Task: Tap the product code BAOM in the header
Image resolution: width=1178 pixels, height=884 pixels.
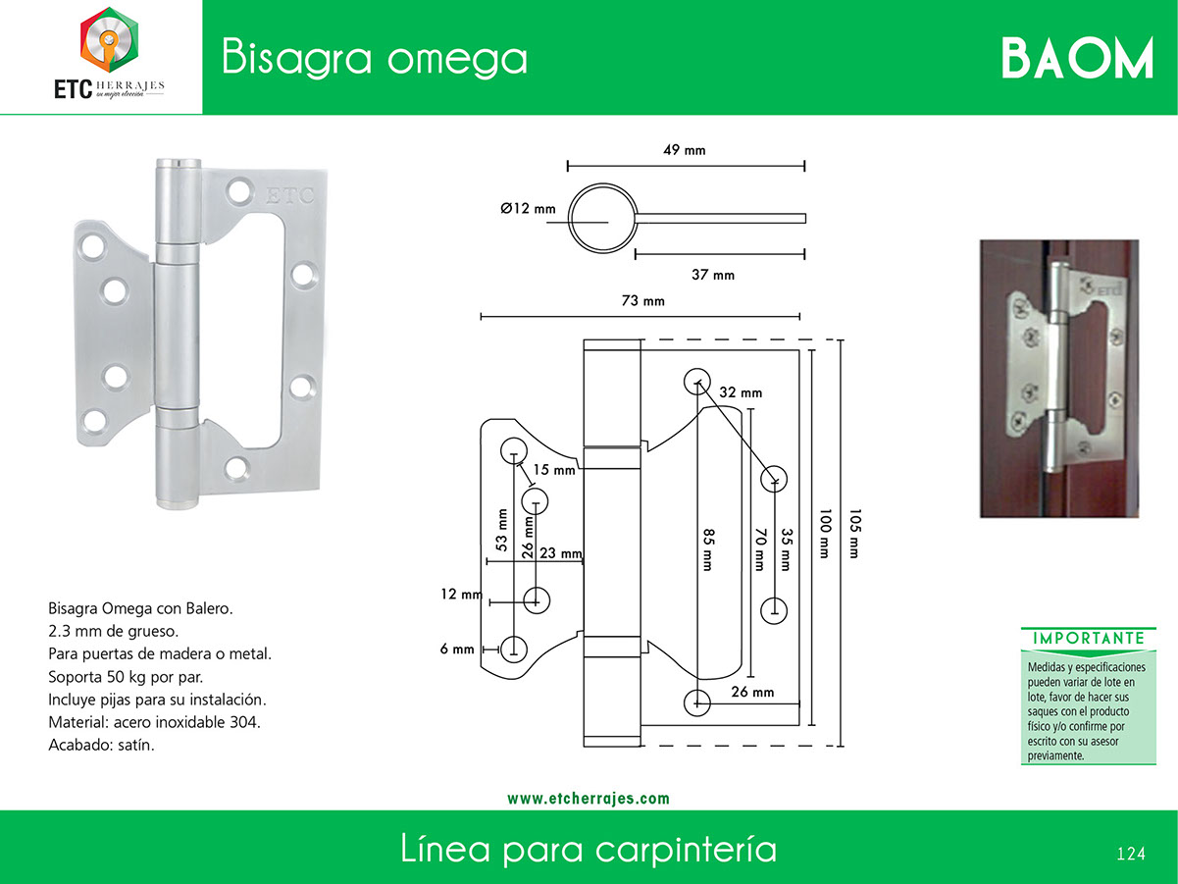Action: click(1077, 59)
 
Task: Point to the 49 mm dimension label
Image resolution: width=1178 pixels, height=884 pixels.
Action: click(685, 150)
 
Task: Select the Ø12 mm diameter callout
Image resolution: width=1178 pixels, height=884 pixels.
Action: click(528, 208)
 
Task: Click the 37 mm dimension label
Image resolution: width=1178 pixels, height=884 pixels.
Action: click(713, 275)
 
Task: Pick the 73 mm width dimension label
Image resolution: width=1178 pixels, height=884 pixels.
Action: click(642, 300)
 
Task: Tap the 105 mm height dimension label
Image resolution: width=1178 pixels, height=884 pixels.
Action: click(854, 534)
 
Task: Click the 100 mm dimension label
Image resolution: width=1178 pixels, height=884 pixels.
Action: click(825, 534)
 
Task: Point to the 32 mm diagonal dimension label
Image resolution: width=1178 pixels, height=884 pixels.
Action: click(741, 392)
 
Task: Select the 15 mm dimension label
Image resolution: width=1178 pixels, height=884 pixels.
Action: click(554, 470)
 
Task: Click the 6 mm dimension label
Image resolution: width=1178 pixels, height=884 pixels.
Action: click(457, 649)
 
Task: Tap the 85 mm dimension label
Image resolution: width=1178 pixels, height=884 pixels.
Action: click(708, 549)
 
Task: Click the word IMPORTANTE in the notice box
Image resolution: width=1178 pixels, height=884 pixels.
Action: click(1089, 638)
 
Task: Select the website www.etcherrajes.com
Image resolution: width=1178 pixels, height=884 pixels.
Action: click(589, 799)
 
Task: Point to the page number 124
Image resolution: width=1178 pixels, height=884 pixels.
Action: click(1131, 854)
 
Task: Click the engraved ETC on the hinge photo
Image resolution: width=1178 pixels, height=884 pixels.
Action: click(289, 195)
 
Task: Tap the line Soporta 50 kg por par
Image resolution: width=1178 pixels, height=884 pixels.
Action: click(126, 677)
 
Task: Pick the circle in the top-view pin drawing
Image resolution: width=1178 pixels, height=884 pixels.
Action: click(602, 184)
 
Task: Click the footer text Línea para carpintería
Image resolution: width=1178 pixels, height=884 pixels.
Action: click(589, 849)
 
